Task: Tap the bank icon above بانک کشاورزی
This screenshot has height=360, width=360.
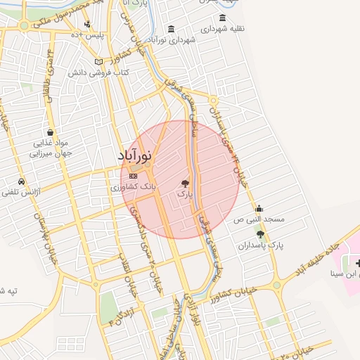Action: coord(133,176)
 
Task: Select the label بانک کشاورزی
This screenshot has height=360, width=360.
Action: coord(134,188)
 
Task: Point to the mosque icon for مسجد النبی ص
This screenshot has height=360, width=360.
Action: coord(259,208)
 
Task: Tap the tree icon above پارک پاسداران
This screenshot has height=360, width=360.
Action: coord(261,234)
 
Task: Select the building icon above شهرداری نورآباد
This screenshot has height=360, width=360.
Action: coord(172,29)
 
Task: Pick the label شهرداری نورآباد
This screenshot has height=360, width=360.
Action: coord(172,40)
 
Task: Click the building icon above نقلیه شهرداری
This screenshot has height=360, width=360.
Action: coord(223,18)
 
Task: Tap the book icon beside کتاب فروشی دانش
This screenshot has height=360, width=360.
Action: coord(108,61)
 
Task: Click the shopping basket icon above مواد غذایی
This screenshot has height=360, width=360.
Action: coord(50,131)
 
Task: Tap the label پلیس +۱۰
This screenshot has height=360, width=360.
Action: coord(91,34)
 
